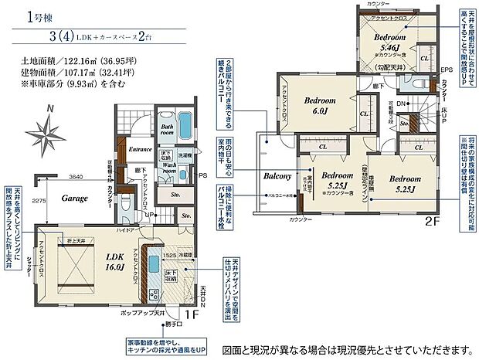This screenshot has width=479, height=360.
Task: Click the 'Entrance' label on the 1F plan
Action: click(141, 149)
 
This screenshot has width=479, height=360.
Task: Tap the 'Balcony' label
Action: click(277, 177)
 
